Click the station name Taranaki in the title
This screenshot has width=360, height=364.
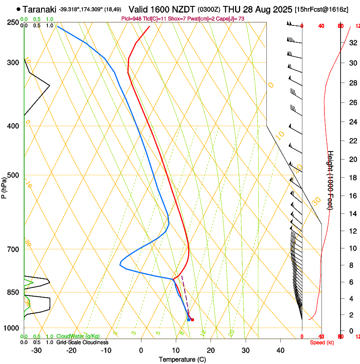coord(40,9)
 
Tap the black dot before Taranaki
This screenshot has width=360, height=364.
coord(18,9)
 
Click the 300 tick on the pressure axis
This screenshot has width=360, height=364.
coord(14,63)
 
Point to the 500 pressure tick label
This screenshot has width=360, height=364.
coord(14,175)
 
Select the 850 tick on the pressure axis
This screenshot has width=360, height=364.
coord(14,292)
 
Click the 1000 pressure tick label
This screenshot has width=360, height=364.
coord(12,328)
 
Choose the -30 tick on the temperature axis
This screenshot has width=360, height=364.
coord(36,350)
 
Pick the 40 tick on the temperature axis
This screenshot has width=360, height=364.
coord(280,350)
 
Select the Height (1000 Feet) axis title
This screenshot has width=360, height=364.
coord(331,180)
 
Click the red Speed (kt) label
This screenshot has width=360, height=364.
coord(322,342)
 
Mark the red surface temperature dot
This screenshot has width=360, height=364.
coord(192,320)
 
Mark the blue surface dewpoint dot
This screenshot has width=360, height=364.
coord(188,320)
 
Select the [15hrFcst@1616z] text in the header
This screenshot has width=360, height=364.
coord(321,9)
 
